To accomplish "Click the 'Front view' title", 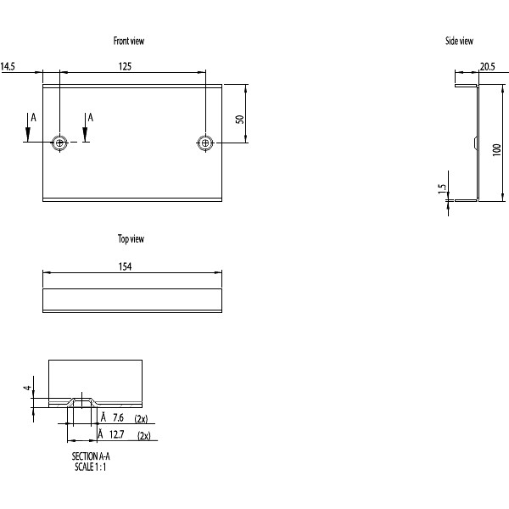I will (134, 41).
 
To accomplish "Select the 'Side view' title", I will (459, 41).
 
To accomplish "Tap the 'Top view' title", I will (131, 239).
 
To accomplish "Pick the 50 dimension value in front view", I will (240, 119).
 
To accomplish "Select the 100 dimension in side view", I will (496, 149).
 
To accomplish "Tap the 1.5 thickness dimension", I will (441, 188).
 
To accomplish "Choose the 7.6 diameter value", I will (118, 418).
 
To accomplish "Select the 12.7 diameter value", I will (118, 435).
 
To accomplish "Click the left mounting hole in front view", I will (59, 143).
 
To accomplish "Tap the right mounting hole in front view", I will (204, 143).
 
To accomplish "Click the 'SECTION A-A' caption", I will (92, 456).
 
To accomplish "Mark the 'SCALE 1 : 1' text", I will (90, 466).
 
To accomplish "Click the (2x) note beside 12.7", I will (143, 435).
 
